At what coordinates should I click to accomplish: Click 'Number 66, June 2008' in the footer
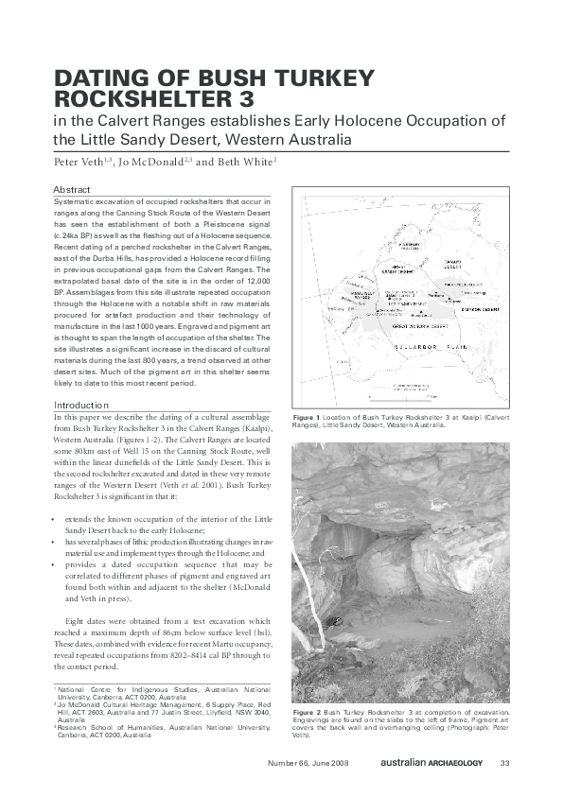point(309,763)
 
